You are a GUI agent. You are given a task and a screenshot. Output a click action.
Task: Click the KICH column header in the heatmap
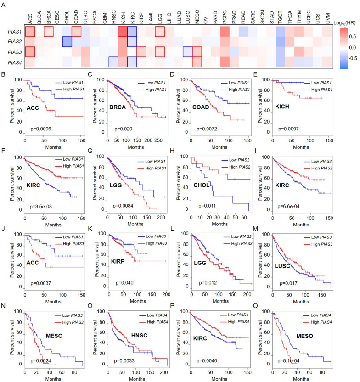pyautogui.click(x=124, y=19)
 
